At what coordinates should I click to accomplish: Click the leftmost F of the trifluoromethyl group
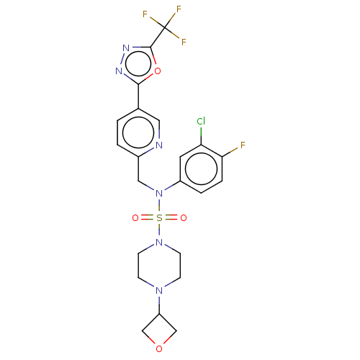tap(145, 14)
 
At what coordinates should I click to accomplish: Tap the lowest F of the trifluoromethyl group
tap(184, 42)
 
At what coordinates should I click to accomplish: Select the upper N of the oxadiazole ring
tap(126, 48)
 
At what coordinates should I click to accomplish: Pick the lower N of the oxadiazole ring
tap(119, 71)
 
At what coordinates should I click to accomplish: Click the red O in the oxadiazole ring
tap(158, 71)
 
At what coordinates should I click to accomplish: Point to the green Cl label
tap(201, 122)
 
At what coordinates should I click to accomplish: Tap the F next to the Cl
tap(243, 145)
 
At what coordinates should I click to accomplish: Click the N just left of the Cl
tap(159, 145)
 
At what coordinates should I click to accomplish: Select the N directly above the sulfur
tap(159, 193)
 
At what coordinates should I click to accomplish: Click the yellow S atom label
tap(159, 217)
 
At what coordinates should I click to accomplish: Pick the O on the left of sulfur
tap(135, 217)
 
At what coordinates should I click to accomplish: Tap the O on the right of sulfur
tap(184, 217)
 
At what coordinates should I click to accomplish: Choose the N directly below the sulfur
tap(159, 242)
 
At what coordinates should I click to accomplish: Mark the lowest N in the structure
tap(159, 289)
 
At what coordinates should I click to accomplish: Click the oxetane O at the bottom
tap(159, 349)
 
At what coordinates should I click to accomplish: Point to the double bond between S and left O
tap(147, 217)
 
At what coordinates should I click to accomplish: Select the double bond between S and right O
tap(171, 217)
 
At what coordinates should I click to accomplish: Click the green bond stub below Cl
tap(201, 132)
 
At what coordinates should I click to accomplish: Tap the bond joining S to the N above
tap(159, 205)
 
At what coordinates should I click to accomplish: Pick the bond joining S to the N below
tap(159, 230)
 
